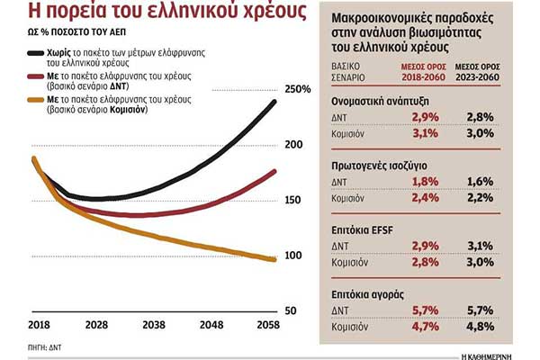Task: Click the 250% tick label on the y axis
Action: click(298, 89)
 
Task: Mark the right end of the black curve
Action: click(274, 101)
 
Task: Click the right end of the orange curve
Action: click(274, 260)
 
